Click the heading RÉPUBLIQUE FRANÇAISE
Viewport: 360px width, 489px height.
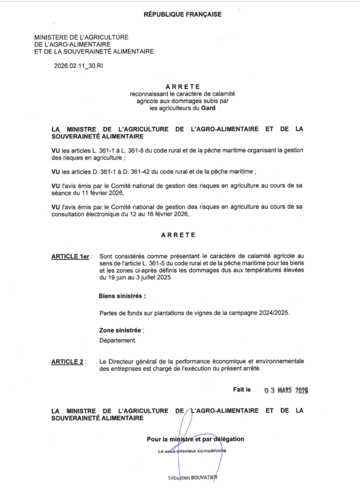pyautogui.click(x=182, y=14)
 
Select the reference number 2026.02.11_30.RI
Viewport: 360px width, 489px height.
pyautogui.click(x=78, y=66)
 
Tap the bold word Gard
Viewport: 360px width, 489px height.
pyautogui.click(x=208, y=108)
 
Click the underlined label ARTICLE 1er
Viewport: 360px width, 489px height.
pyautogui.click(x=71, y=257)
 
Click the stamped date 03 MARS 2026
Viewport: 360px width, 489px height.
pyautogui.click(x=286, y=390)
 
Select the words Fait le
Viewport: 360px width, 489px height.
pyautogui.click(x=242, y=390)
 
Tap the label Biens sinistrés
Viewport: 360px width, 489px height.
pyautogui.click(x=122, y=296)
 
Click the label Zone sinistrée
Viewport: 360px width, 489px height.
pyautogui.click(x=121, y=330)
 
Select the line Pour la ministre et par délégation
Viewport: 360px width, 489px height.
pyautogui.click(x=195, y=439)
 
